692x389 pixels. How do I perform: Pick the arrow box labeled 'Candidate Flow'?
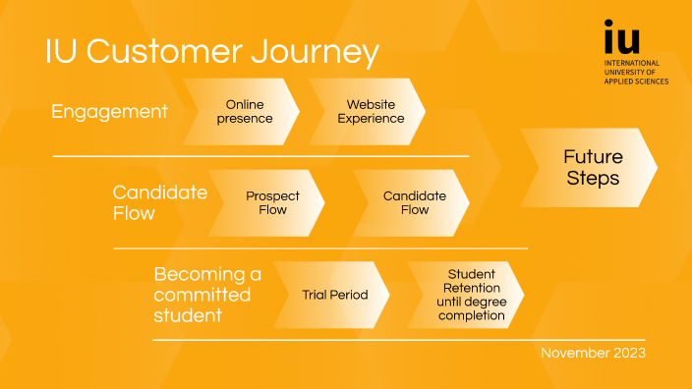(413, 203)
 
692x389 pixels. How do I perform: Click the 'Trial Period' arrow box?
(333, 295)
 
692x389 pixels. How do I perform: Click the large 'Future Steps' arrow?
(590, 167)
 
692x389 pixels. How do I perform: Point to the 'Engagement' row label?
(109, 112)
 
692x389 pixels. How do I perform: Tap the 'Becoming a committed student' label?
(207, 295)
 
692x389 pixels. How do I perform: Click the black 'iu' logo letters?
(621, 38)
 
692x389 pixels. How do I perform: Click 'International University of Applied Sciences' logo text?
(635, 72)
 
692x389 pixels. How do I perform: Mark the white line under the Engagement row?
(260, 156)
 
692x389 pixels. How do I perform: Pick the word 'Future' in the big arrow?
(593, 157)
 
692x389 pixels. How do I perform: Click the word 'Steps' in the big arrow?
(593, 179)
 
